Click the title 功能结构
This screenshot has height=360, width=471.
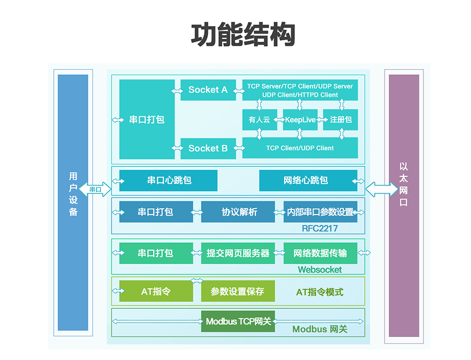pos(243,35)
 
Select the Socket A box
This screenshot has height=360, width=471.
pos(208,90)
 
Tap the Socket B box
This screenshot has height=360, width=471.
pos(208,148)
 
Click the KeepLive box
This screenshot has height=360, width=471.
pos(300,119)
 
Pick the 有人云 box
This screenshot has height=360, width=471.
pos(260,119)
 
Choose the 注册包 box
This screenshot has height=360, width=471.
pos(340,119)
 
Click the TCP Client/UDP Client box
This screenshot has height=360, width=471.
pos(300,148)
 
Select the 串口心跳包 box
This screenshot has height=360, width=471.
pos(168,181)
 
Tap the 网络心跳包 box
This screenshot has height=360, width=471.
pos(308,181)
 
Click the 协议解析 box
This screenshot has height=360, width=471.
pos(238,212)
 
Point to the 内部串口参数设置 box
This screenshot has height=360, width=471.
pos(320,212)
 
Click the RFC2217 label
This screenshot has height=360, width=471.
pos(320,229)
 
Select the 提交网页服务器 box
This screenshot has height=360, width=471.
pos(238,253)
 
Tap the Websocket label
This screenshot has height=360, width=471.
pos(320,269)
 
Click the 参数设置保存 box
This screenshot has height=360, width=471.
pos(238,291)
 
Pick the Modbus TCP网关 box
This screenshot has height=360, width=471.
pos(238,321)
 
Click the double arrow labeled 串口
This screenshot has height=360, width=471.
pos(95,189)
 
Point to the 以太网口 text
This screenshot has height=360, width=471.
pos(403,184)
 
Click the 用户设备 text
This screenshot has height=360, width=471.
pos(73,194)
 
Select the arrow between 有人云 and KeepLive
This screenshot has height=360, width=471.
pos(279,120)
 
